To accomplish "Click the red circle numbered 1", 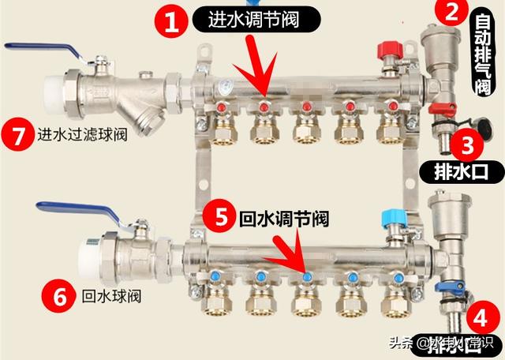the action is [171, 21].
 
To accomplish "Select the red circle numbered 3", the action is [468, 144].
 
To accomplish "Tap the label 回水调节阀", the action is [283, 216].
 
